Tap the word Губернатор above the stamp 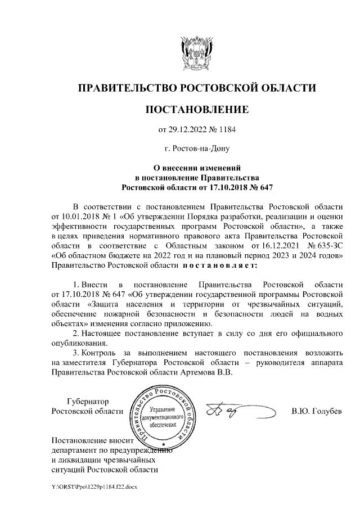pyautogui.click(x=87, y=402)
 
